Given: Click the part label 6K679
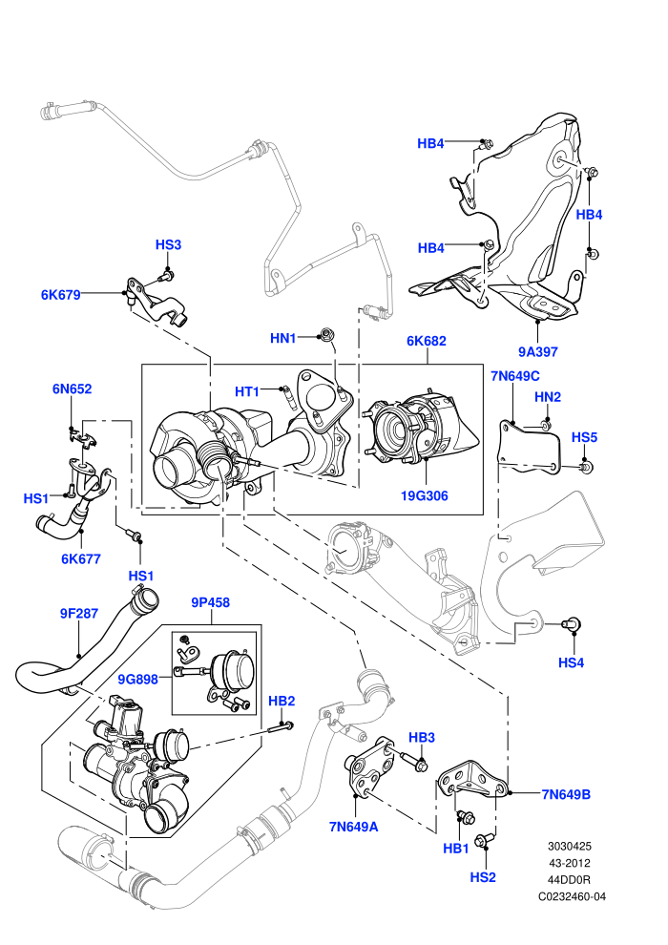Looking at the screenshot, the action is [x=60, y=295].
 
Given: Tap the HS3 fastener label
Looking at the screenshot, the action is [x=168, y=244].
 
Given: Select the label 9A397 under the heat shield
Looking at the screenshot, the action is [x=538, y=351].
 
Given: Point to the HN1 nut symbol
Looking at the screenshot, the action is [x=325, y=334].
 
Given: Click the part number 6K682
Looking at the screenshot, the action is [x=427, y=341].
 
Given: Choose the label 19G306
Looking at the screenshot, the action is [x=425, y=496].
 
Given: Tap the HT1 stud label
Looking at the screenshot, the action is [x=247, y=391].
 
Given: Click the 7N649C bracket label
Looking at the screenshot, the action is [x=515, y=376].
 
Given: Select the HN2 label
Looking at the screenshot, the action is [x=548, y=396].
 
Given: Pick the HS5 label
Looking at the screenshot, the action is [x=584, y=437].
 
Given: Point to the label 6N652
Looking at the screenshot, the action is [x=73, y=388].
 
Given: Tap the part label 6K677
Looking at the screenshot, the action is [x=81, y=558].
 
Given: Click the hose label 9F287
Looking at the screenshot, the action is [x=79, y=614].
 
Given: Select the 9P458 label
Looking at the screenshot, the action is [x=211, y=602].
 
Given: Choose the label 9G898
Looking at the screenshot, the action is [x=138, y=680].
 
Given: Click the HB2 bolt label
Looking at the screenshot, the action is [x=282, y=701].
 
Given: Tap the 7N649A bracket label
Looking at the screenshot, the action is [x=354, y=827].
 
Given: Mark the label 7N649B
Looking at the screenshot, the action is [x=566, y=794].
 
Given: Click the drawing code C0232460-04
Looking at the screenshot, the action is [x=573, y=896].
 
